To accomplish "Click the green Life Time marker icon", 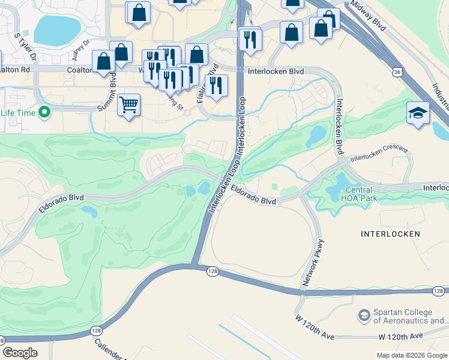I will (x=44, y=112).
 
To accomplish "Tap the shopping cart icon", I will (x=129, y=105).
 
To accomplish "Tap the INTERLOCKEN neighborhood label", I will (x=390, y=233).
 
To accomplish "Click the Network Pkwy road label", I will (x=313, y=263).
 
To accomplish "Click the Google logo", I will (x=20, y=353).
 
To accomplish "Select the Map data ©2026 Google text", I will (x=412, y=355).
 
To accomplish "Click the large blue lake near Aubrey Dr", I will (x=57, y=29).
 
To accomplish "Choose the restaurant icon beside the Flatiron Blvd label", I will (x=216, y=85).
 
